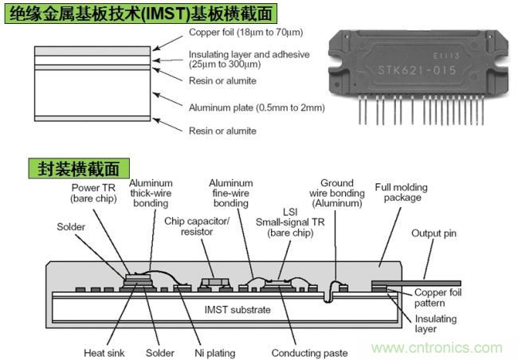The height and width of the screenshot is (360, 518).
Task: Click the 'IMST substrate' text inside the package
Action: (237, 309)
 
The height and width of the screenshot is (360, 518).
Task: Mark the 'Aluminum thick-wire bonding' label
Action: (151, 194)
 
